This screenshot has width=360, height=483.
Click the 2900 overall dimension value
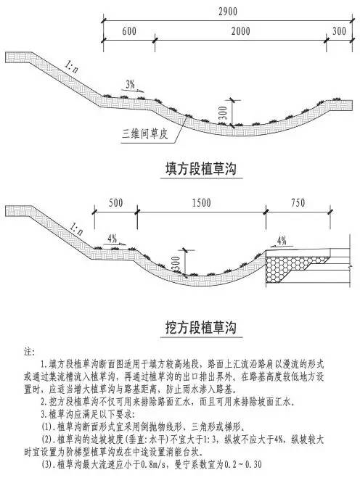click(x=228, y=12)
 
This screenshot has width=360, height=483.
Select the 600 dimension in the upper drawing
click(x=129, y=31)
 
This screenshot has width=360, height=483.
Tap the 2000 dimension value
click(x=241, y=31)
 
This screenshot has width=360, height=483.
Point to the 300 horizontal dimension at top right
click(x=340, y=30)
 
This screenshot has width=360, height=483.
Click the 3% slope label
click(x=130, y=84)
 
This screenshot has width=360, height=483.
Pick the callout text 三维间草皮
click(x=145, y=135)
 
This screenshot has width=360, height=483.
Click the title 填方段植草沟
click(x=201, y=169)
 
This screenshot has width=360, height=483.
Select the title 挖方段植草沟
click(x=201, y=327)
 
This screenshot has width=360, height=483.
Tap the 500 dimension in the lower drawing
click(x=115, y=203)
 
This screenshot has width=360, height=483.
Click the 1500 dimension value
click(x=201, y=203)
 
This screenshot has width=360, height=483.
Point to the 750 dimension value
click(x=298, y=203)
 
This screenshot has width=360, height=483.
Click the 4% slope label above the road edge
click(x=282, y=241)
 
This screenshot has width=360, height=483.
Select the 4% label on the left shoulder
click(x=112, y=238)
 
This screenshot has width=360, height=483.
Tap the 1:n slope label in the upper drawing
click(x=72, y=67)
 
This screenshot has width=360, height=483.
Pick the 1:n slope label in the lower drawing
click(x=76, y=228)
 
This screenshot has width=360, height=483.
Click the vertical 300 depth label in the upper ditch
click(x=224, y=113)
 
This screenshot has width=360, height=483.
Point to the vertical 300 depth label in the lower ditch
click(x=176, y=264)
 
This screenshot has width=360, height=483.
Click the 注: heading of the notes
click(x=29, y=352)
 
